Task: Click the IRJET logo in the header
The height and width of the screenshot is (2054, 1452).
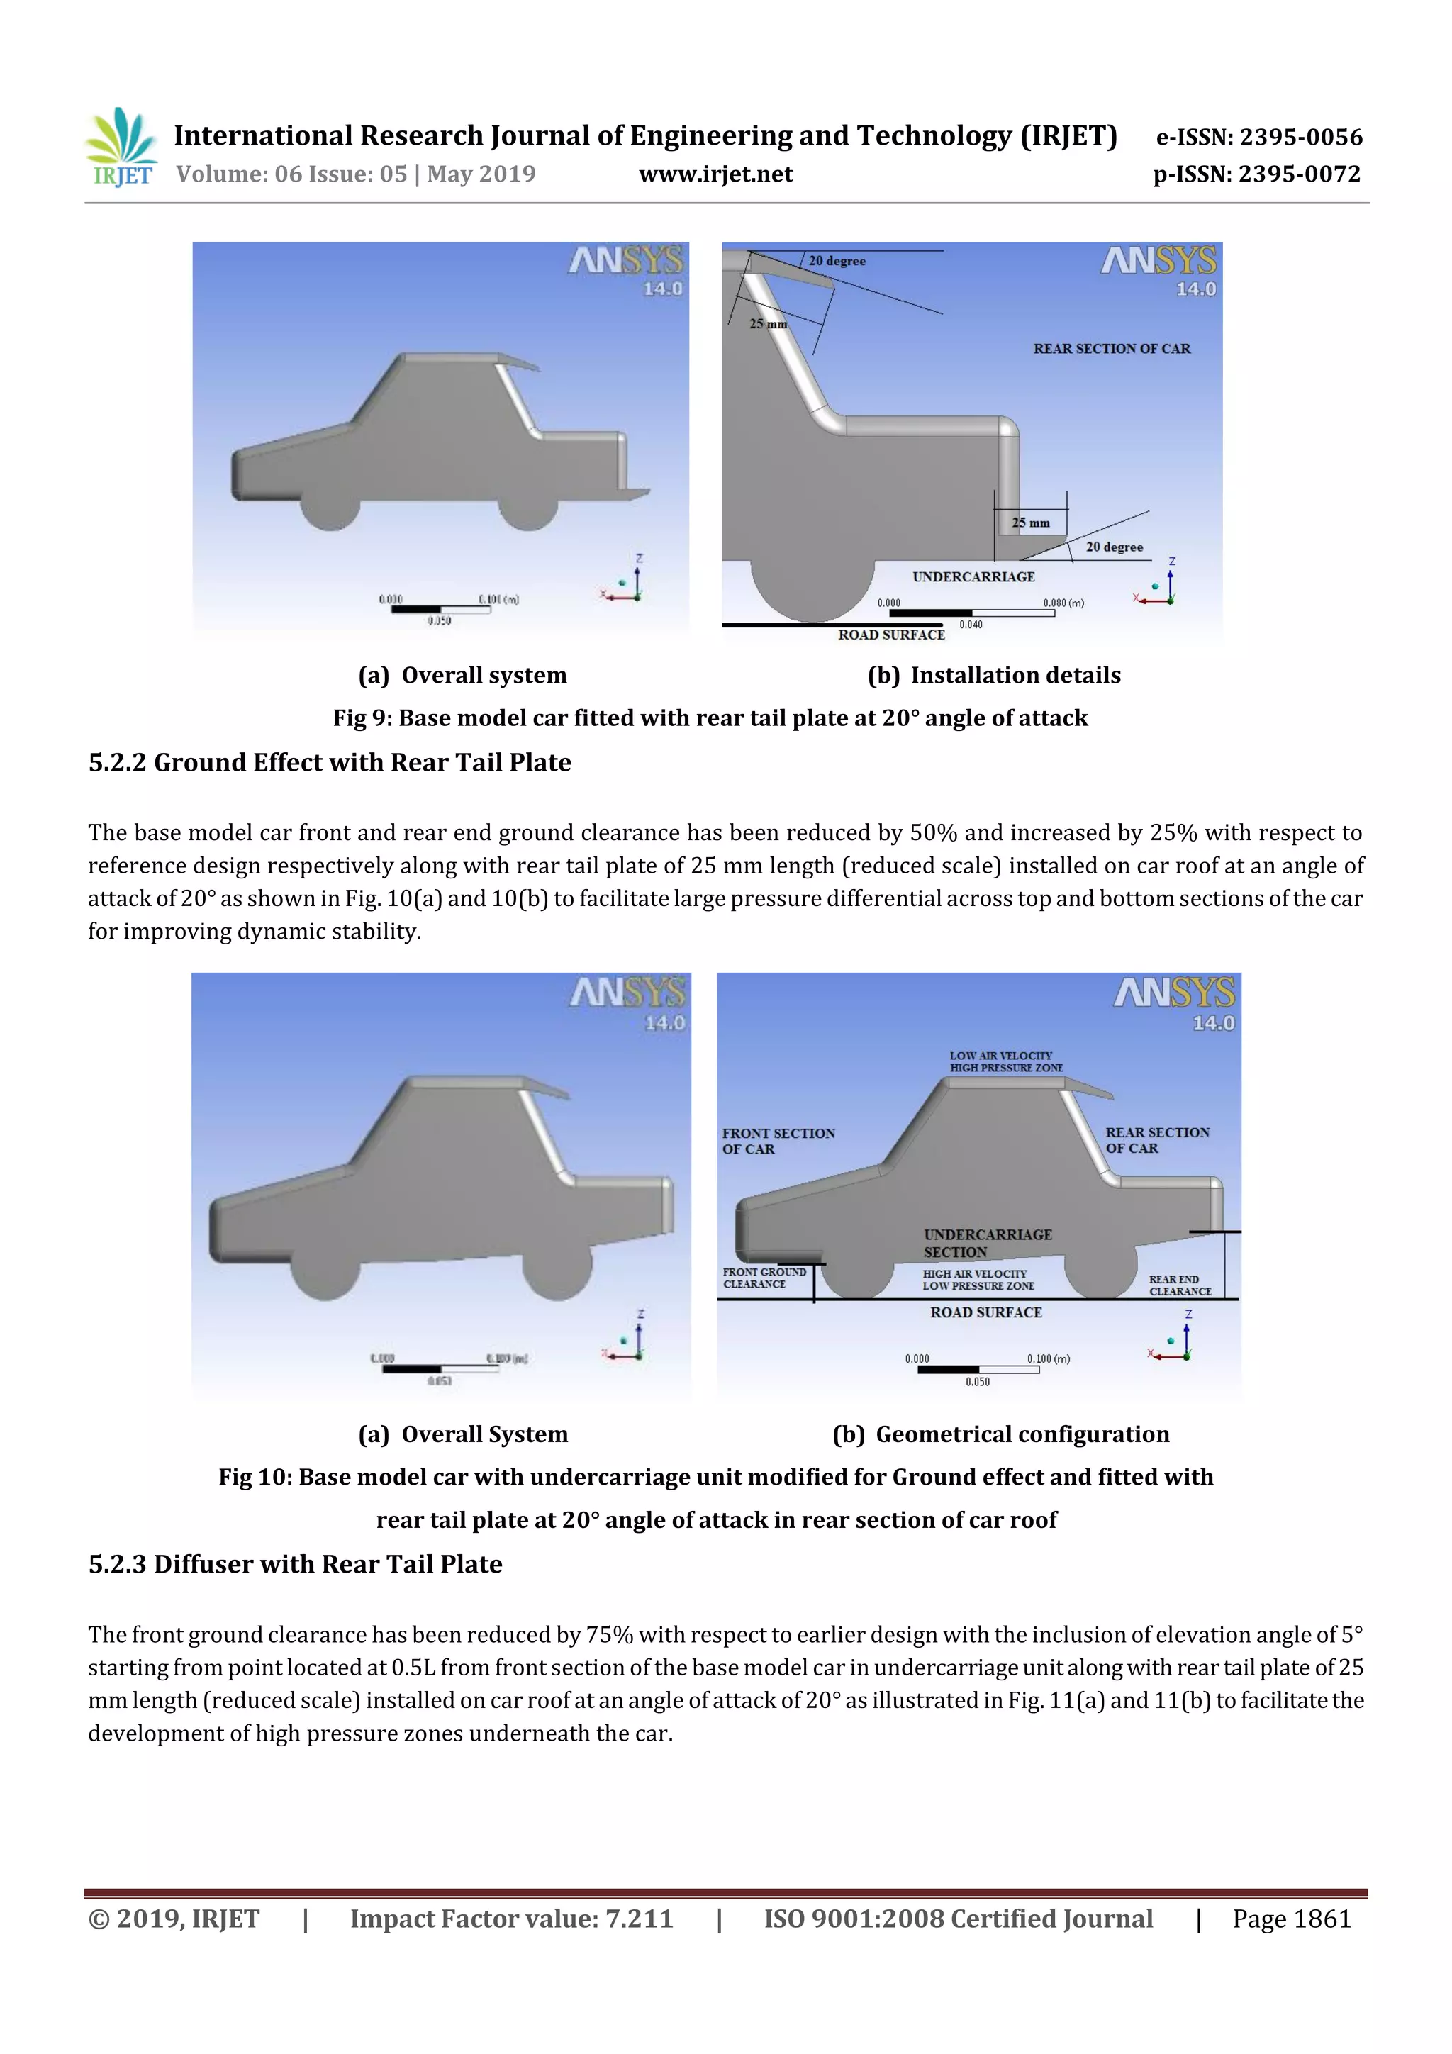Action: pos(121,147)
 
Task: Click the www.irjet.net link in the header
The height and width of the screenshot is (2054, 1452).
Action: pos(715,174)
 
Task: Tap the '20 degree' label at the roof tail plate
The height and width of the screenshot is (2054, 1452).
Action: pos(837,261)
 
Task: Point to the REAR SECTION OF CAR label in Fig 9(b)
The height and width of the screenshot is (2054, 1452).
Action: pos(1111,349)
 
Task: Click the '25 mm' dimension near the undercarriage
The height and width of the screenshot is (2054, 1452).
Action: pos(1031,523)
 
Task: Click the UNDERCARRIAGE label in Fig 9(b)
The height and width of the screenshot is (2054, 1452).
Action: pos(973,577)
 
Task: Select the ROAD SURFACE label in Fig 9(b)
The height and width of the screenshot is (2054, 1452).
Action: pos(891,635)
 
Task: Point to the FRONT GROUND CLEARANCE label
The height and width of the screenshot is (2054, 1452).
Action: pos(764,1278)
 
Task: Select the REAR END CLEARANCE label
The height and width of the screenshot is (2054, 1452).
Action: pos(1179,1285)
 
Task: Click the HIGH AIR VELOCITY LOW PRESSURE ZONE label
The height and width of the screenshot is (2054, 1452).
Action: pos(978,1279)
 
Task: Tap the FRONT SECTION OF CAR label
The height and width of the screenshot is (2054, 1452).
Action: pos(778,1141)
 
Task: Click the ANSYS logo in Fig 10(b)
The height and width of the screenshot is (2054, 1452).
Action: pos(1174,993)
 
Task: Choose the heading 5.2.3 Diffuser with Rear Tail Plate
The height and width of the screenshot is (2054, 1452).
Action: pos(295,1565)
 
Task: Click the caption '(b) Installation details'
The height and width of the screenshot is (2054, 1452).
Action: pos(993,676)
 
